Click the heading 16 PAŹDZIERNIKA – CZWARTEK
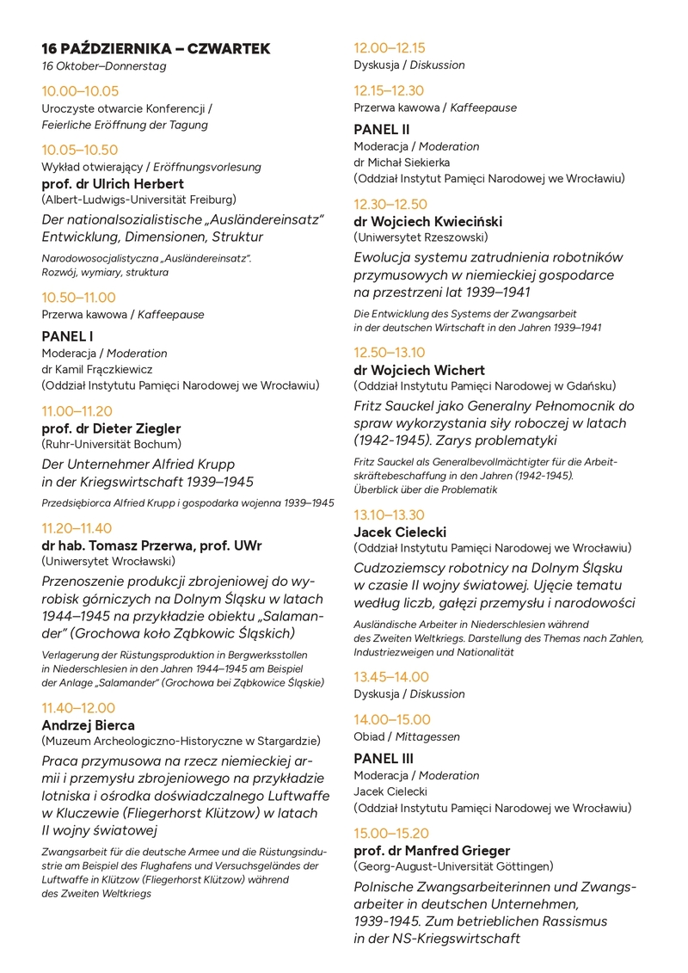[x=156, y=49]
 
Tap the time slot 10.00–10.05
[x=80, y=91]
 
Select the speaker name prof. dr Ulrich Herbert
[x=113, y=184]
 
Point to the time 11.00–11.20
[x=77, y=411]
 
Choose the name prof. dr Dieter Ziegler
[x=112, y=428]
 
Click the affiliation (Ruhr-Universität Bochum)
[x=112, y=445]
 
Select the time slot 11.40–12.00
[x=77, y=708]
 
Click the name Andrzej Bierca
[x=89, y=725]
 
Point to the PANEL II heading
[x=382, y=130]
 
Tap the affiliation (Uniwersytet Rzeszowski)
[x=421, y=237]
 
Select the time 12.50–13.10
[x=390, y=353]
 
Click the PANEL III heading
[x=384, y=759]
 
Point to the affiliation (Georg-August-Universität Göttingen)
[x=453, y=866]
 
